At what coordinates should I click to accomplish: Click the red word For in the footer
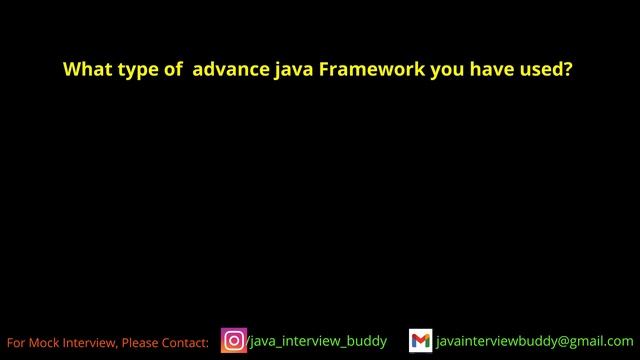tap(17, 343)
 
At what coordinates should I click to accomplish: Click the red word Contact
tap(186, 343)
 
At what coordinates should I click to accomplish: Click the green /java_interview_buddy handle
tap(317, 341)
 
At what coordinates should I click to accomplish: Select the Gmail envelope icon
tap(421, 341)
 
